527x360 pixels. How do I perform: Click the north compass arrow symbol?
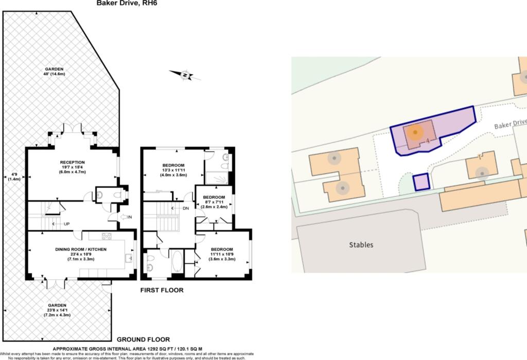(x=185, y=75)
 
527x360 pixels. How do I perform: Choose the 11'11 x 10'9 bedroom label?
(x=222, y=254)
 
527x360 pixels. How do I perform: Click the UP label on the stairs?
(x=66, y=224)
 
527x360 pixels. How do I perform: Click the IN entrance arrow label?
(x=129, y=217)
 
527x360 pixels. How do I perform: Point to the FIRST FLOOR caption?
(x=162, y=291)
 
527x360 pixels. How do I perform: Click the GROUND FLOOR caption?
(x=143, y=339)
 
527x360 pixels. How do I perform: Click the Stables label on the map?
(x=361, y=245)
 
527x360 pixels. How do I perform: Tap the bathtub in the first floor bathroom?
(x=176, y=261)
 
